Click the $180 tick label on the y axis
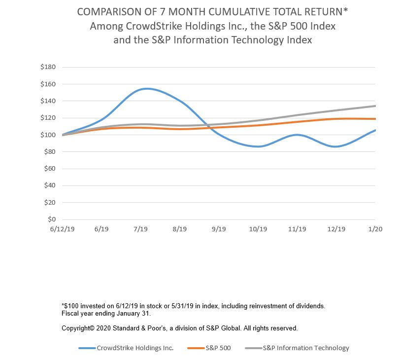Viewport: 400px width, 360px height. point(48,67)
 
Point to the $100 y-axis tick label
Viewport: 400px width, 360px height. point(48,135)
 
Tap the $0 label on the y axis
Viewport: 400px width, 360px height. point(52,219)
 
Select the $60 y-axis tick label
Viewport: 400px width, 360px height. point(50,169)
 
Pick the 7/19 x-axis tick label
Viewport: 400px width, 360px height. point(140,229)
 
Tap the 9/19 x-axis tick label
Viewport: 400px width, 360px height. point(218,229)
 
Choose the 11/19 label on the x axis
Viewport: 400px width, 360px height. point(297,229)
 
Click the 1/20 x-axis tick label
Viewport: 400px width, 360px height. point(375,229)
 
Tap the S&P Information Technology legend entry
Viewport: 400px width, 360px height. point(305,348)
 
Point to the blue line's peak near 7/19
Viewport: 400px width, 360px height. point(146,89)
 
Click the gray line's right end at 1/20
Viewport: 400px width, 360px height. point(375,106)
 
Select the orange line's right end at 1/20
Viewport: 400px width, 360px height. point(375,119)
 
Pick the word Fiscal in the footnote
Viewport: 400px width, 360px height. point(70,314)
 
